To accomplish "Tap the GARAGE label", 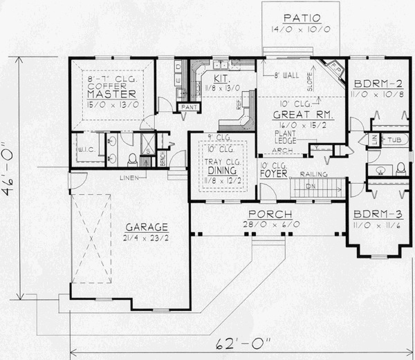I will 147,227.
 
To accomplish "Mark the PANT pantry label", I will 187,108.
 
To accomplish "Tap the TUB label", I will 392,140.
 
